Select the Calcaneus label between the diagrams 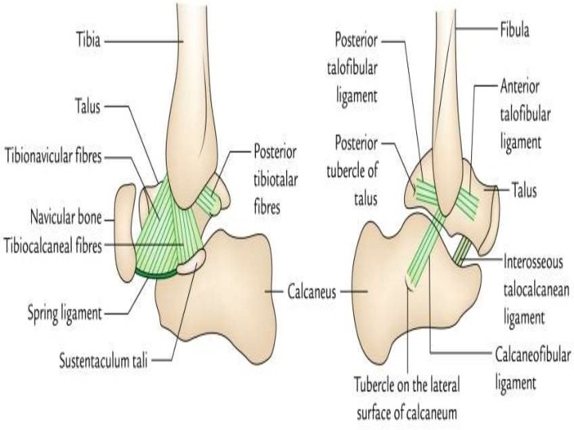point(315,291)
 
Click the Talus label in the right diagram point(524,190)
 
